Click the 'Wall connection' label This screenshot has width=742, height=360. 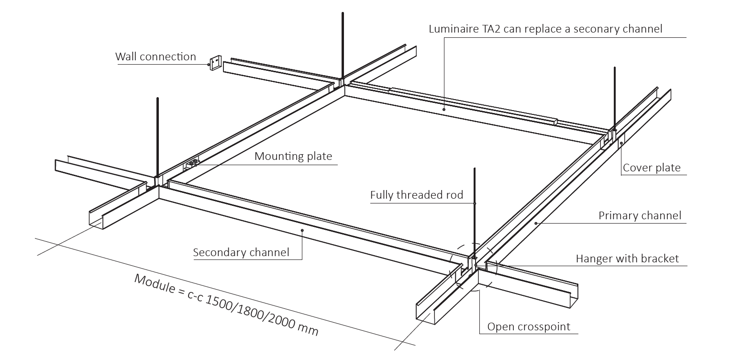click(155, 57)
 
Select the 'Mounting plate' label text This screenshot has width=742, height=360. click(293, 157)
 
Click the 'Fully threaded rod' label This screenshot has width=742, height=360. click(417, 195)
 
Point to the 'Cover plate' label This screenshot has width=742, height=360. click(652, 168)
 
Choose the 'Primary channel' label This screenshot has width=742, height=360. click(640, 216)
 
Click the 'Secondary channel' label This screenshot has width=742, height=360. click(241, 253)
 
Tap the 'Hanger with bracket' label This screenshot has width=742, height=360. click(627, 259)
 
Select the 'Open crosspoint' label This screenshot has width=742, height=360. click(529, 327)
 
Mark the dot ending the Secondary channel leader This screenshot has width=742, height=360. click(302, 230)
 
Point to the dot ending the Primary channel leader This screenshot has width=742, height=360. click(536, 223)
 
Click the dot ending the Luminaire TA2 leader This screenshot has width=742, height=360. click(444, 110)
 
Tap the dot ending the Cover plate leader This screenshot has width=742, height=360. click(621, 143)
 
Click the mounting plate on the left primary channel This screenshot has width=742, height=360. click(193, 163)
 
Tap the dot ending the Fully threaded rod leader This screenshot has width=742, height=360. click(475, 203)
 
